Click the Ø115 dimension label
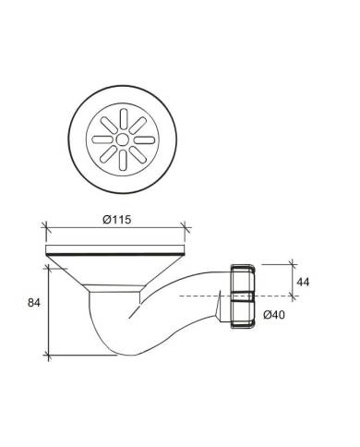[x=116, y=220]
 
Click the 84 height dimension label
[x=34, y=303]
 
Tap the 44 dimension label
[x=303, y=282]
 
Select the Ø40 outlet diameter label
[x=274, y=315]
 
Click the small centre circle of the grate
[x=123, y=139]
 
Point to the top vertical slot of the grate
[x=123, y=119]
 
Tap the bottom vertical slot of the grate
[x=123, y=161]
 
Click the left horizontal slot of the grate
[x=102, y=139]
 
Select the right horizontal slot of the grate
[x=144, y=140]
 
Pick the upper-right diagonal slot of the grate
[x=138, y=126]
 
